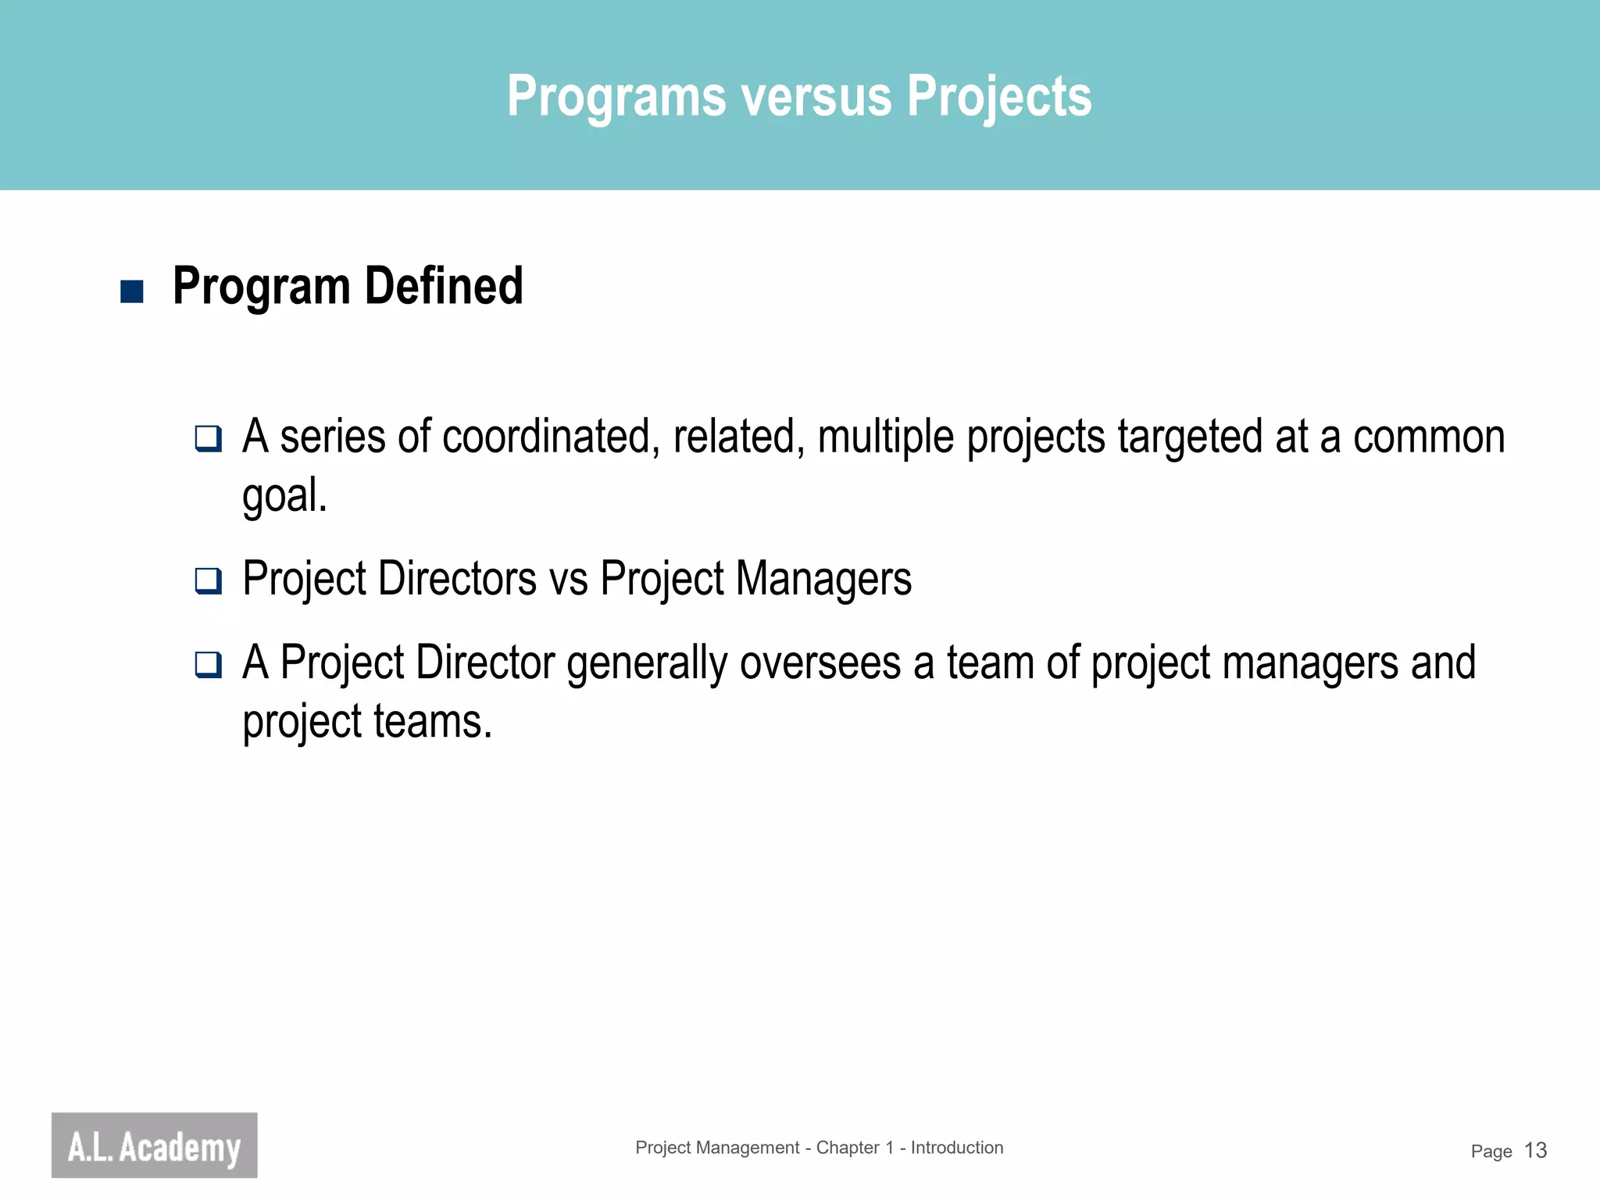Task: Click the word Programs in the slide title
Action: (616, 97)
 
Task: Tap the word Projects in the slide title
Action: (998, 97)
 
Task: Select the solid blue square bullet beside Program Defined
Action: (132, 291)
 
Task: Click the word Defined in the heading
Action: (444, 286)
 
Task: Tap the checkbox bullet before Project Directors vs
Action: (208, 580)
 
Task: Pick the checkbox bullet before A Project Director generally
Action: (208, 665)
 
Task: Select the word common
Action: (1428, 437)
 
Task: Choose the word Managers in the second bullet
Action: (823, 580)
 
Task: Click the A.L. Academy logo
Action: (155, 1145)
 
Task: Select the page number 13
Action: (1535, 1151)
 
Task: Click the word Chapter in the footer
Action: (848, 1148)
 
